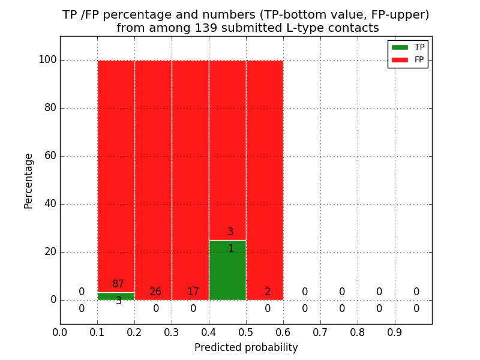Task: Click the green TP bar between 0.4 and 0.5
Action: tap(227, 276)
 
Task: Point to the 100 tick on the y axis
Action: tap(47, 60)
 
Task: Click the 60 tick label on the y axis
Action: tap(50, 156)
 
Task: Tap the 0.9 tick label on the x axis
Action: tap(395, 332)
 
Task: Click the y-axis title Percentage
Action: tap(28, 181)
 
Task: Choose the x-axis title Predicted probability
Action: tap(246, 347)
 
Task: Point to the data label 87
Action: tap(118, 284)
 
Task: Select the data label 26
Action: tap(155, 292)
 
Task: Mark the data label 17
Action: tap(193, 292)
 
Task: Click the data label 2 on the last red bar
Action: tap(268, 292)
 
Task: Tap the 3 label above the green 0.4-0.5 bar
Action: tap(230, 232)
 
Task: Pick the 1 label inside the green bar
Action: tap(230, 248)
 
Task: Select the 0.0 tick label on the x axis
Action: tap(60, 332)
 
